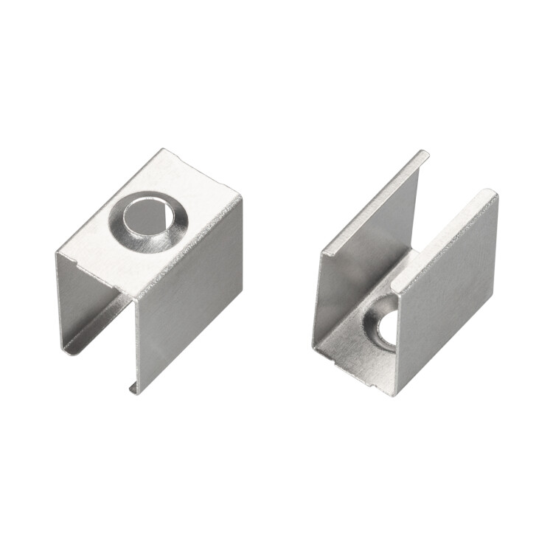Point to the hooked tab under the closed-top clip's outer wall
pyautogui.click(x=133, y=386)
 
